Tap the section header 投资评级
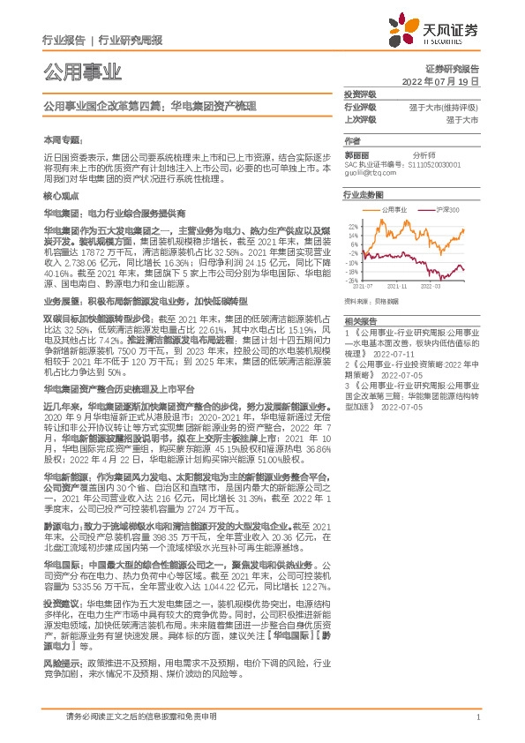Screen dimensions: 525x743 [x=360, y=94]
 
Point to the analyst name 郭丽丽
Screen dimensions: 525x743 [x=357, y=154]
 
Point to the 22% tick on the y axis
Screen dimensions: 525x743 [x=353, y=226]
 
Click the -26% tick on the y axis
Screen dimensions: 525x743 [x=352, y=281]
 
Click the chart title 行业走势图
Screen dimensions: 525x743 [x=364, y=194]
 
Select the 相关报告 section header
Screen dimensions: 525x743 [x=360, y=320]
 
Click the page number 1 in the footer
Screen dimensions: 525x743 [x=477, y=720]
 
